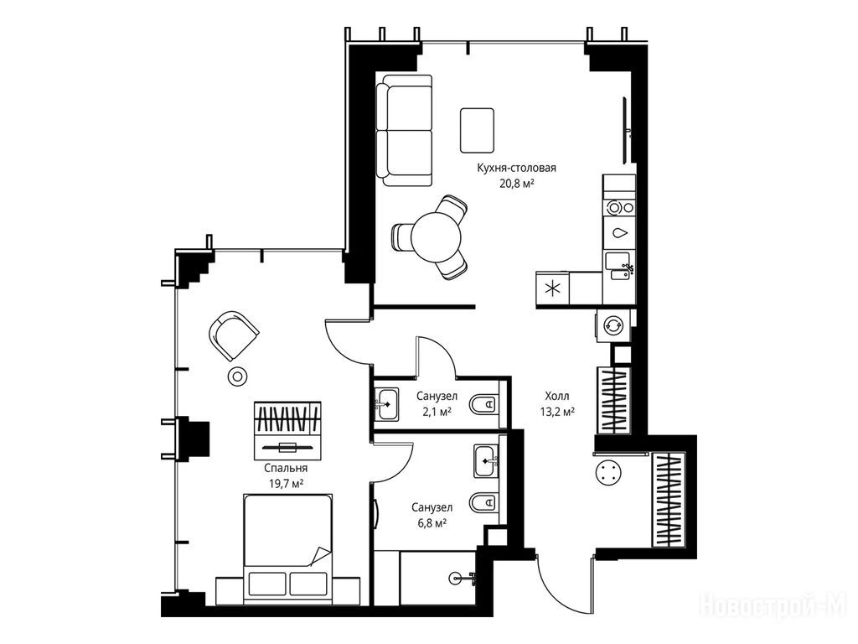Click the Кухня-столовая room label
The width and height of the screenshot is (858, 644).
[x=516, y=168]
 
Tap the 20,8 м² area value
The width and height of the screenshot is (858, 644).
[x=516, y=184]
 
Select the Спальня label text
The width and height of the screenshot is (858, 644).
[x=286, y=468]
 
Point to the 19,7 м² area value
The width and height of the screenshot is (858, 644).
[x=286, y=484]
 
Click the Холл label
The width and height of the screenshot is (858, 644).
[x=557, y=396]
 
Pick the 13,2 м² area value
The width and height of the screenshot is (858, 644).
[x=557, y=411]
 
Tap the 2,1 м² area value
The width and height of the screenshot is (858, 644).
[x=437, y=411]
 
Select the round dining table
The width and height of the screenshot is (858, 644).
[x=436, y=237]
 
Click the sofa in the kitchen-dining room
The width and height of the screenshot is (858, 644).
[x=405, y=130]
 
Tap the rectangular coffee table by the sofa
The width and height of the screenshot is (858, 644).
[x=477, y=130]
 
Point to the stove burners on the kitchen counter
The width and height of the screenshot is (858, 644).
[x=619, y=208]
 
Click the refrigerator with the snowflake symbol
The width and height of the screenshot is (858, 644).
[x=553, y=288]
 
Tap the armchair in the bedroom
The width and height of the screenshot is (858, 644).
[x=234, y=335]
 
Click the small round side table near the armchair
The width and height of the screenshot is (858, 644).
[x=238, y=376]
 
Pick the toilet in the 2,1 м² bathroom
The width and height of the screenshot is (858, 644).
[x=484, y=405]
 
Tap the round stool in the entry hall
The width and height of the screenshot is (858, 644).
[x=609, y=472]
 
